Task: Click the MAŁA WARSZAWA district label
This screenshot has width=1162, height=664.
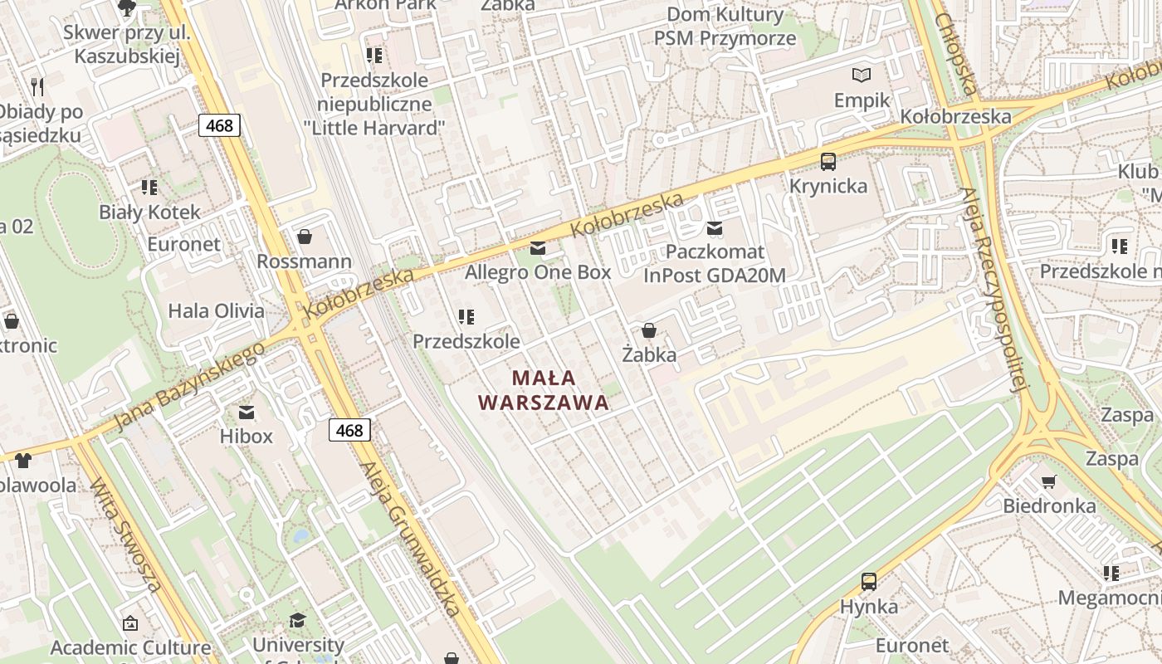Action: click(544, 390)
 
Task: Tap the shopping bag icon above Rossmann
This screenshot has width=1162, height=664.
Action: click(305, 237)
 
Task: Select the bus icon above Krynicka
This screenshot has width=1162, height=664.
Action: click(828, 161)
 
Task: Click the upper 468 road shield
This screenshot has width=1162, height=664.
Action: click(219, 125)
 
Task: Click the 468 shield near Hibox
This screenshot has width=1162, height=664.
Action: click(349, 429)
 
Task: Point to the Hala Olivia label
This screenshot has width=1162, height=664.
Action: click(216, 311)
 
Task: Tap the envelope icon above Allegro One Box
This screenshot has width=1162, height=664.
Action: click(538, 247)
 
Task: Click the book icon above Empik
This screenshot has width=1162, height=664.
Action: click(862, 76)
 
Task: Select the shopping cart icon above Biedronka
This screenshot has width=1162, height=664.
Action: click(1049, 481)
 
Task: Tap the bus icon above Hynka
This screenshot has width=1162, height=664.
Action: click(868, 582)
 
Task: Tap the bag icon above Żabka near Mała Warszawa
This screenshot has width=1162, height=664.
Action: click(649, 330)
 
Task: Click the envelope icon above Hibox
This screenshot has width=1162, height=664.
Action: click(247, 412)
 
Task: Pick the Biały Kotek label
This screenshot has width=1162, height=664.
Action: click(149, 212)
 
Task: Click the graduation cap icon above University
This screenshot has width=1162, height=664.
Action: click(297, 620)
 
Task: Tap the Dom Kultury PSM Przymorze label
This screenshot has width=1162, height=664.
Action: click(725, 26)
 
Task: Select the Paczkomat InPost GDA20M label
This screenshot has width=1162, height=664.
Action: click(714, 263)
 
